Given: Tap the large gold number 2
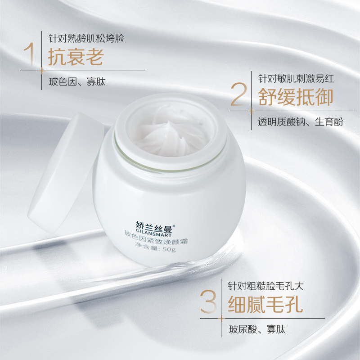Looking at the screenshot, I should (238, 94).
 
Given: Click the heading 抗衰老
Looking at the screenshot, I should (76, 57).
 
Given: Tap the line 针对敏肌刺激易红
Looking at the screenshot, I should (295, 78).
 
